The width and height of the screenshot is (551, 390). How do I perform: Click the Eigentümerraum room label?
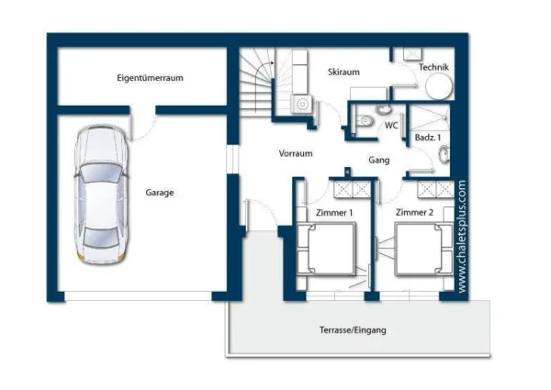(150, 78)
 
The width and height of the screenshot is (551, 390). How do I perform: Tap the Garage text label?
(160, 193)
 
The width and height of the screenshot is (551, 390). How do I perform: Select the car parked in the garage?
(101, 195)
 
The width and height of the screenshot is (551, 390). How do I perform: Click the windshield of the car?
(101, 173)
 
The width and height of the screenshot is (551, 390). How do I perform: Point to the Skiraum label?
(343, 72)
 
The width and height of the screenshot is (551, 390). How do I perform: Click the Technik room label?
(433, 67)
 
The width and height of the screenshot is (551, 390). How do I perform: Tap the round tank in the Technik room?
(439, 86)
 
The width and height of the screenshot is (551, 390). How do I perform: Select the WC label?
(391, 125)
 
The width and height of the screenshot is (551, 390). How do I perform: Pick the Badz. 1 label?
(428, 138)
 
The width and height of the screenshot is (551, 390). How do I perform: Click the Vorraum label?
(296, 153)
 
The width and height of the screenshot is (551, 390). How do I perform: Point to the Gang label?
(378, 160)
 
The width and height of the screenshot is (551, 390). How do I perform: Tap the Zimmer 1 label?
(334, 213)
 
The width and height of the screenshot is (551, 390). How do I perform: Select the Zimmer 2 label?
(415, 212)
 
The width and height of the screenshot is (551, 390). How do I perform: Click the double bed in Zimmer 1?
(326, 249)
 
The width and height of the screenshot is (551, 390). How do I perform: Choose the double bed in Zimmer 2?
(423, 249)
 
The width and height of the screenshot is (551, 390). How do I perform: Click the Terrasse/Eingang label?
(353, 330)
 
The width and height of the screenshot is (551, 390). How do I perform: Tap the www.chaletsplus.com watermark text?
(462, 236)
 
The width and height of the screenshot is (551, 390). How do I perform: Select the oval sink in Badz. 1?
(444, 154)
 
